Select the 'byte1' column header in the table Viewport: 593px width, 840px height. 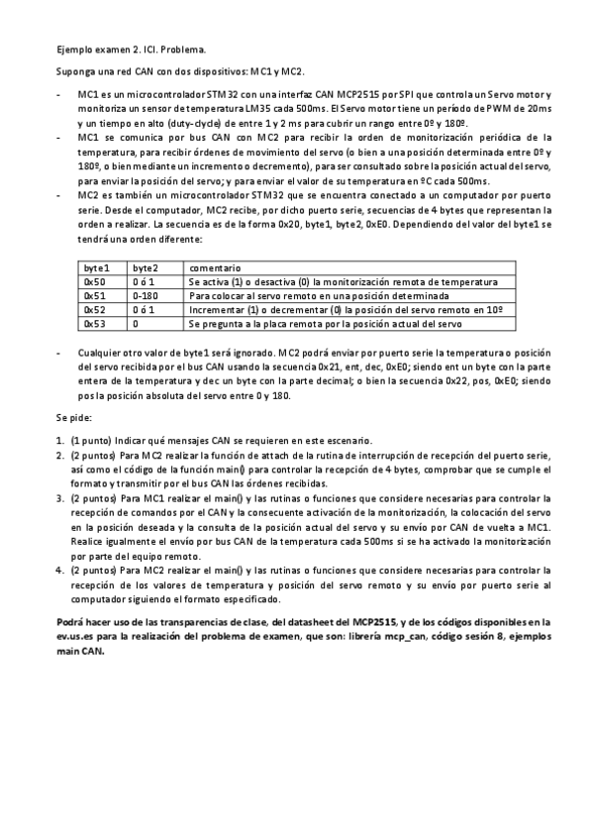click(x=96, y=268)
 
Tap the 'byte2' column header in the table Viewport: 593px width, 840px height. click(x=145, y=268)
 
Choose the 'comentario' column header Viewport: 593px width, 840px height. click(x=215, y=268)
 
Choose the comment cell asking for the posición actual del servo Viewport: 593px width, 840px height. click(x=325, y=324)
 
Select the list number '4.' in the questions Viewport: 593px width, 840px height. click(x=60, y=573)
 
